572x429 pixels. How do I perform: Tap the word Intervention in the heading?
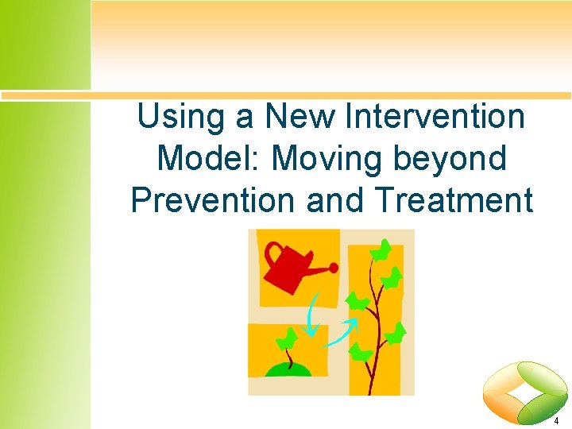click(x=435, y=118)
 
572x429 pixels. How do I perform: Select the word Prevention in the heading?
click(x=213, y=200)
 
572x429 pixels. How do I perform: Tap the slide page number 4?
click(x=557, y=420)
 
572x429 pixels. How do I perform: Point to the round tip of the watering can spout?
click(x=334, y=267)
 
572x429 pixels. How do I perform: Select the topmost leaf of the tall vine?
click(x=383, y=250)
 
